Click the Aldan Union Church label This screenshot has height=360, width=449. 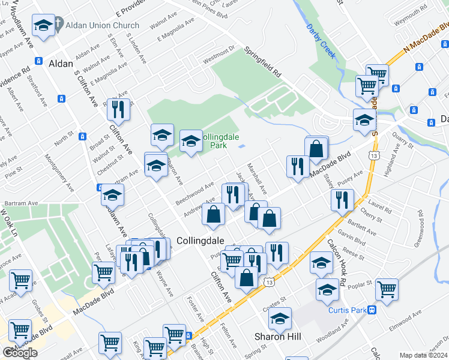[x=100, y=25]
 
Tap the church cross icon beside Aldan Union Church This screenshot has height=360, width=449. [x=58, y=25]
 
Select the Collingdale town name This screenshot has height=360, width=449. [x=200, y=240]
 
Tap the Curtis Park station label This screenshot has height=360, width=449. [x=347, y=310]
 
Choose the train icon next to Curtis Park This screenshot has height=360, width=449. [x=372, y=310]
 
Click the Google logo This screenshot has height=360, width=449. [x=20, y=352]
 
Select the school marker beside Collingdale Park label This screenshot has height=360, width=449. [x=191, y=142]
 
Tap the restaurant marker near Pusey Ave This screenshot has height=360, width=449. [x=342, y=199]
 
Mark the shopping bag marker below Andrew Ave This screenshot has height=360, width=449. [x=214, y=214]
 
